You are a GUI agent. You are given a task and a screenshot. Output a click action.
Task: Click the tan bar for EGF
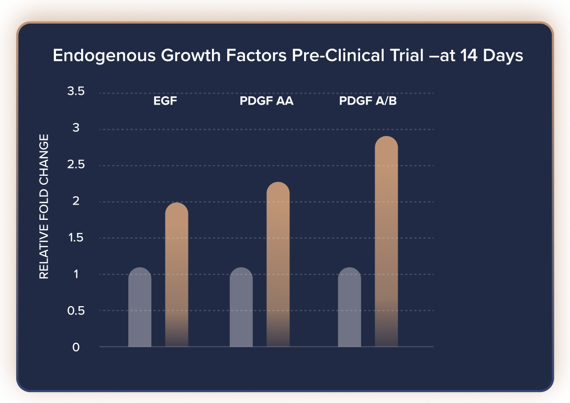pos(176,275)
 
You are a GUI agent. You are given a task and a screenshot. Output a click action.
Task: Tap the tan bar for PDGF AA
pos(278,264)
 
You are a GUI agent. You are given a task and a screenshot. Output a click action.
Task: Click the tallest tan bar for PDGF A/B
pos(386,241)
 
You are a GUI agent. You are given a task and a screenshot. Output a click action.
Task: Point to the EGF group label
pos(165,102)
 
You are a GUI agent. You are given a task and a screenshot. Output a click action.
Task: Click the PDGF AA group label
pos(266,102)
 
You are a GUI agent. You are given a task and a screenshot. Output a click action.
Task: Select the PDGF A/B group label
pos(367,102)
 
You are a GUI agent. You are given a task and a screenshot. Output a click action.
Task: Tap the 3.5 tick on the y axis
pos(76,92)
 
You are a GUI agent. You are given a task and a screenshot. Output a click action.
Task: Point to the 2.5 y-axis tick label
pos(76,165)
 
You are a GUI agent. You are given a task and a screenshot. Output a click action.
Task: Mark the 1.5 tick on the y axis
pos(76,238)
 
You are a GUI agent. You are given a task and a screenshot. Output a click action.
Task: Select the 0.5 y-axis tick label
pos(76,310)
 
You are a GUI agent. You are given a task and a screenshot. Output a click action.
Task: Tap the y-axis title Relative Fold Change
pos(44,206)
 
